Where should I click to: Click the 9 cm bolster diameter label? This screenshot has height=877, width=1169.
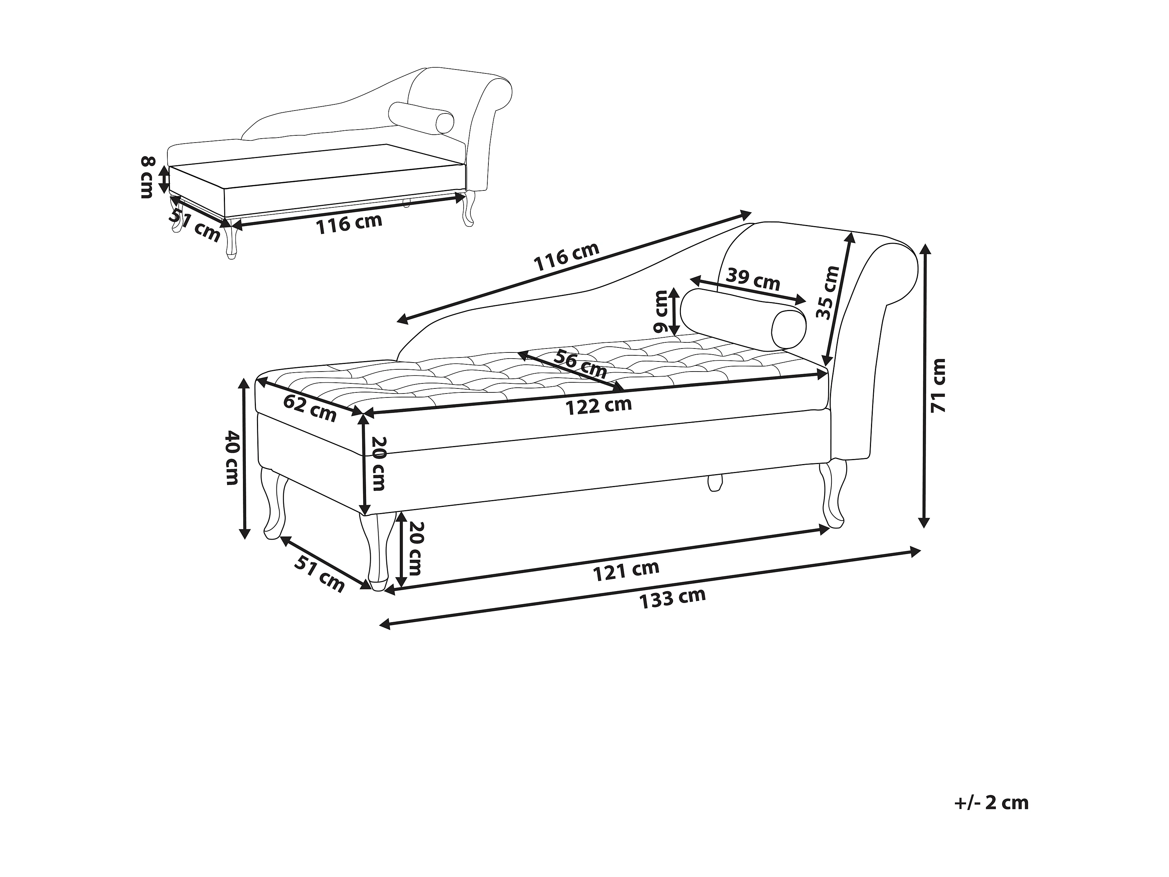coord(660,311)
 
